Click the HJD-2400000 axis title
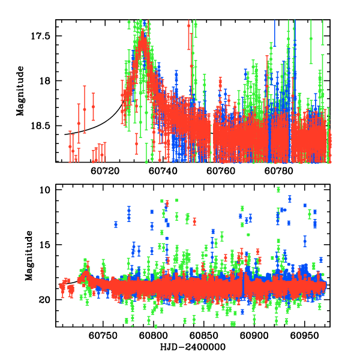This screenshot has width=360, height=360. (191, 347)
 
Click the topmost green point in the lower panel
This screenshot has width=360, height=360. (278, 190)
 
